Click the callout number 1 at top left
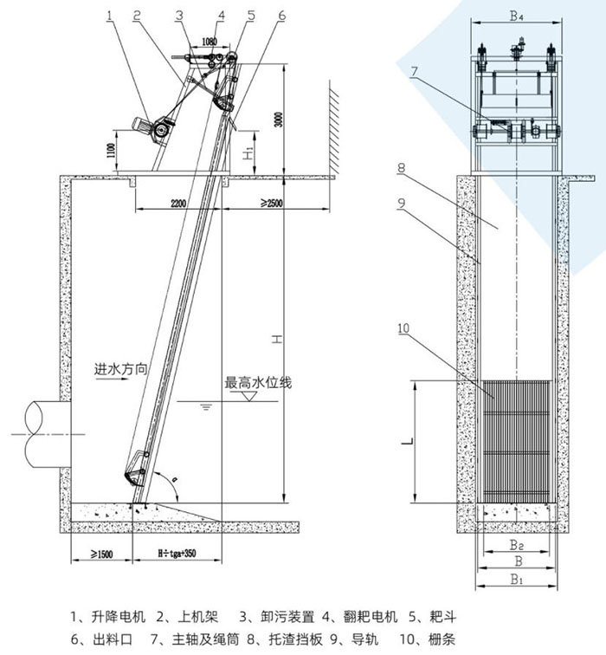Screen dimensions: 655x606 pos(110,14)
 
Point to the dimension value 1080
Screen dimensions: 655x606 pos(208,41)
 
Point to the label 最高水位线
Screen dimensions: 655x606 pos(257,381)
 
